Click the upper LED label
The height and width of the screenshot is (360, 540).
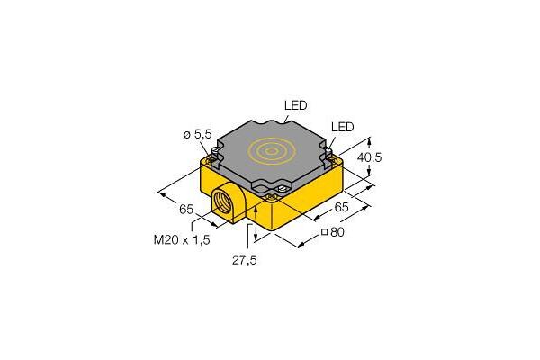click(x=295, y=105)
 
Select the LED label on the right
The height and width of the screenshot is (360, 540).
click(x=342, y=127)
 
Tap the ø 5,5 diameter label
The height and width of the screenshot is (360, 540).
click(x=197, y=134)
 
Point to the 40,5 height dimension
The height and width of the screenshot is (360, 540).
click(x=369, y=157)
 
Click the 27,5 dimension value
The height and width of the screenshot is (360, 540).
click(x=245, y=260)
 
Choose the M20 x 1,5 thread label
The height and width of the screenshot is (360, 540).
click(x=182, y=239)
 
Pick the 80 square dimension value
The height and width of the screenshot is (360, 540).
click(x=337, y=232)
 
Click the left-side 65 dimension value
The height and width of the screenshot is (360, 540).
click(x=186, y=209)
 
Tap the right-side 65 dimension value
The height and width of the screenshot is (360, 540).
click(x=341, y=207)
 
